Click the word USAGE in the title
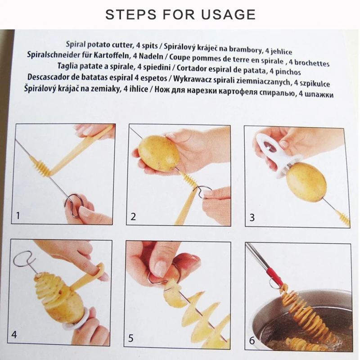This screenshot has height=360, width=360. [229, 14]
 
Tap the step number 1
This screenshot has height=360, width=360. [18, 216]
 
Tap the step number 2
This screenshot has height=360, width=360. [133, 216]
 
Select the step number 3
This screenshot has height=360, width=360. [252, 217]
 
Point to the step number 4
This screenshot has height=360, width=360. [14, 334]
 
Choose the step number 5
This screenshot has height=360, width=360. [130, 338]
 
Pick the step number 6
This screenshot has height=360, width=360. [252, 341]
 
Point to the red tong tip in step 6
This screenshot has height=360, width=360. [274, 275]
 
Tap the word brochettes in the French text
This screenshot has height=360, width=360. [312, 63]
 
